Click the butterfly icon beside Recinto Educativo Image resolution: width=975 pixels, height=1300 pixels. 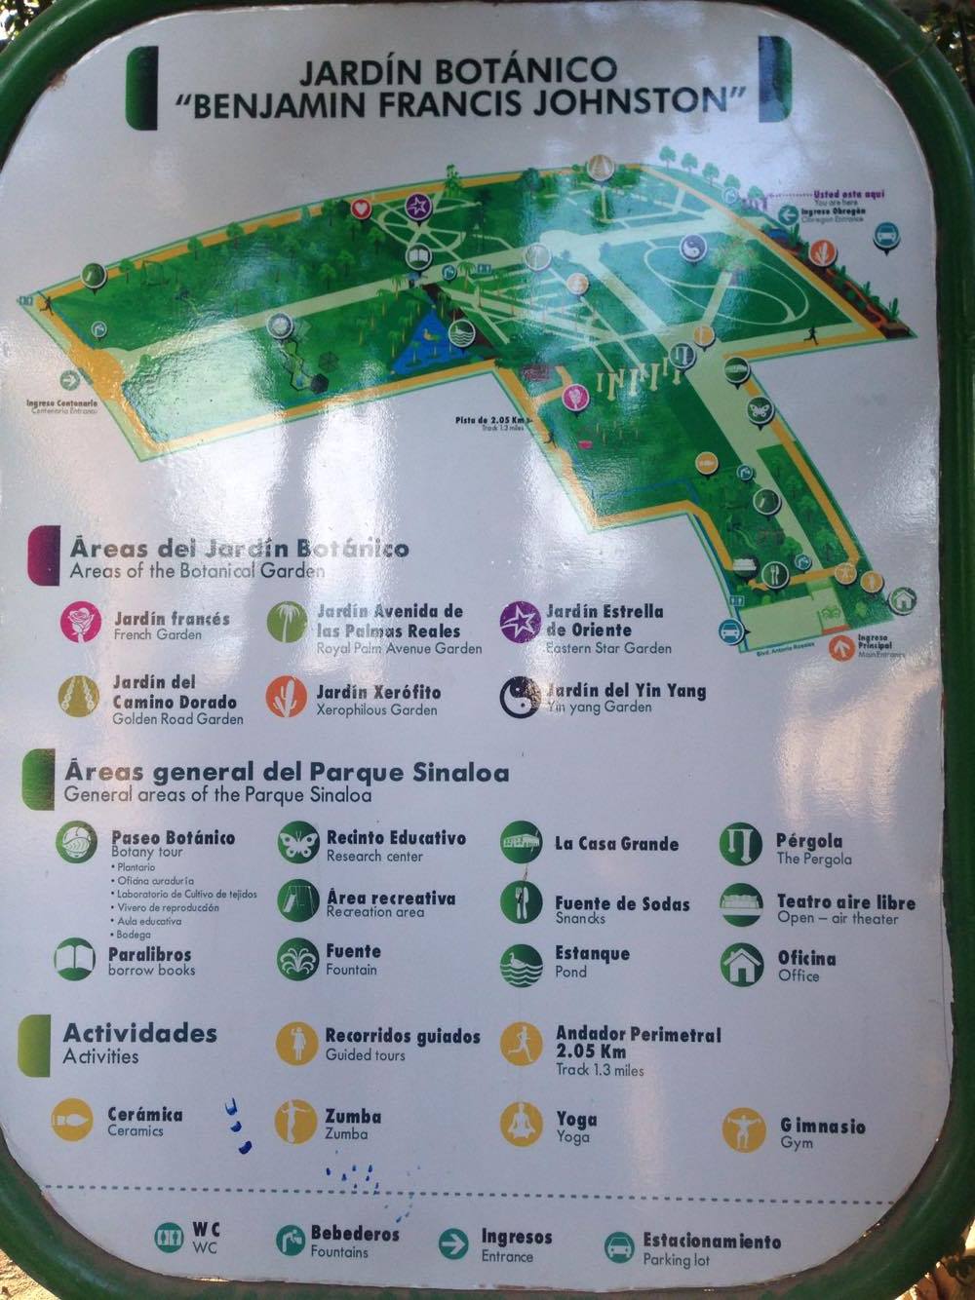[296, 844]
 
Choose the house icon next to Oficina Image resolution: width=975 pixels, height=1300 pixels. [742, 964]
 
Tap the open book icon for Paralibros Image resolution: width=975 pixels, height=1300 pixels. [75, 960]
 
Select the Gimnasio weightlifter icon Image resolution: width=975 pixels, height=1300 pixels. [745, 1130]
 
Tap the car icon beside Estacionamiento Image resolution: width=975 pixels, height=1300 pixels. [619, 1246]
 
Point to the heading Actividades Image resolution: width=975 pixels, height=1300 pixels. [139, 1034]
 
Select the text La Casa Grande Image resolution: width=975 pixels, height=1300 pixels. [616, 844]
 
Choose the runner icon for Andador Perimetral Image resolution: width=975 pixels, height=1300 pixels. [522, 1044]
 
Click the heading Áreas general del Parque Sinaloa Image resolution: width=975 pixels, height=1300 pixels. [287, 774]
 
